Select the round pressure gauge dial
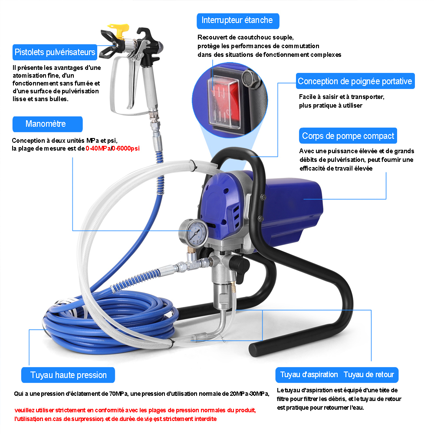point(194,233)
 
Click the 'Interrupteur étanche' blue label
point(238,21)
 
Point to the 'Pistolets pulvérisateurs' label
point(55,52)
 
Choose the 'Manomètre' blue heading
point(47,124)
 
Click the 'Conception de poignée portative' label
point(355,81)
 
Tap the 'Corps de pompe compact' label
point(348,135)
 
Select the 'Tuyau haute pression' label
point(68,375)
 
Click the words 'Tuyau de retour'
point(368,375)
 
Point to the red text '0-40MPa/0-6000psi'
point(113,148)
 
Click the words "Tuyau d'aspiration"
point(309,375)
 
